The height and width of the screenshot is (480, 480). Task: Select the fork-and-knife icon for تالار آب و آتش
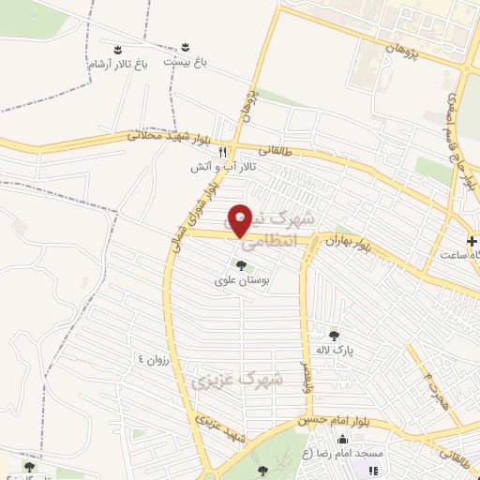tap(223, 151)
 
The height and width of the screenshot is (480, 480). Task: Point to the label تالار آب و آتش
tap(243, 167)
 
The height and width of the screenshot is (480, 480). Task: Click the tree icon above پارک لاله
tap(334, 334)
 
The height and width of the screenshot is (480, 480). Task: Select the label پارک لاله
tap(333, 349)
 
